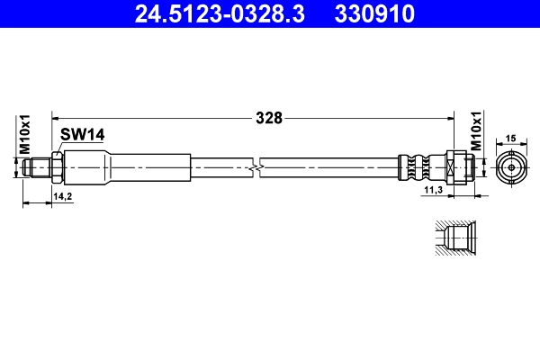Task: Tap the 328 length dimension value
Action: click(269, 117)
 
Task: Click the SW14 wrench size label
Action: click(83, 134)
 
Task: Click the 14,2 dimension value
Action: click(62, 194)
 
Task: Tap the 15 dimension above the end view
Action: click(509, 138)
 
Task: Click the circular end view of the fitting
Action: click(510, 167)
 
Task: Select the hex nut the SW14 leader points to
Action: click(58, 166)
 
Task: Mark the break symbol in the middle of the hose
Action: click(258, 166)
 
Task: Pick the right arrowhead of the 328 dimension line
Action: click(446, 117)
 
